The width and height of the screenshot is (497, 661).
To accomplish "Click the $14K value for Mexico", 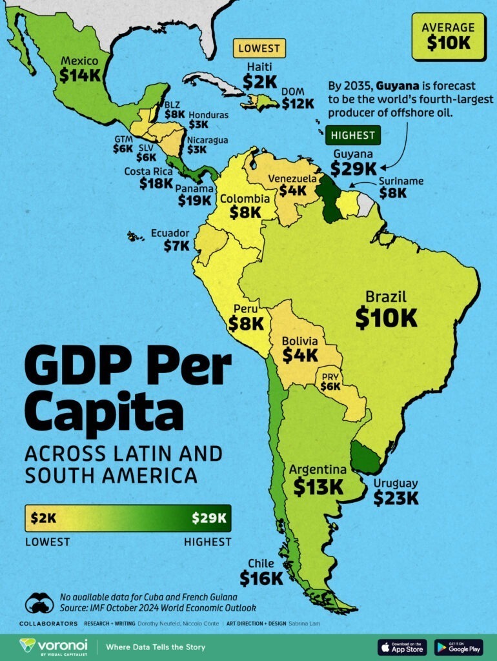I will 80,75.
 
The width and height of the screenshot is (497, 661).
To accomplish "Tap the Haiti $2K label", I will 259,81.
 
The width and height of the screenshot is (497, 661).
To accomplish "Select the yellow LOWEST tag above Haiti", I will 259,48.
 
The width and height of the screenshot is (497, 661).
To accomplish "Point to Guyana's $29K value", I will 352,168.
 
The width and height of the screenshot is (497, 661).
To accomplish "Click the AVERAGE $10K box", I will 449,36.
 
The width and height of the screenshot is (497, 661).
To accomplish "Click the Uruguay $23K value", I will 396,498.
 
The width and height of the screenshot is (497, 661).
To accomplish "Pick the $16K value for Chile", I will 261,578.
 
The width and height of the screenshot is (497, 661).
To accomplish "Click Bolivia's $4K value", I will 299,355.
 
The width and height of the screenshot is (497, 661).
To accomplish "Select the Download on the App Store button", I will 401,647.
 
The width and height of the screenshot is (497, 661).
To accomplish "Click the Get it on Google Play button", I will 458,647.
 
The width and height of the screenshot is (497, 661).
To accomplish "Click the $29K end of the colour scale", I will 209,518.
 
